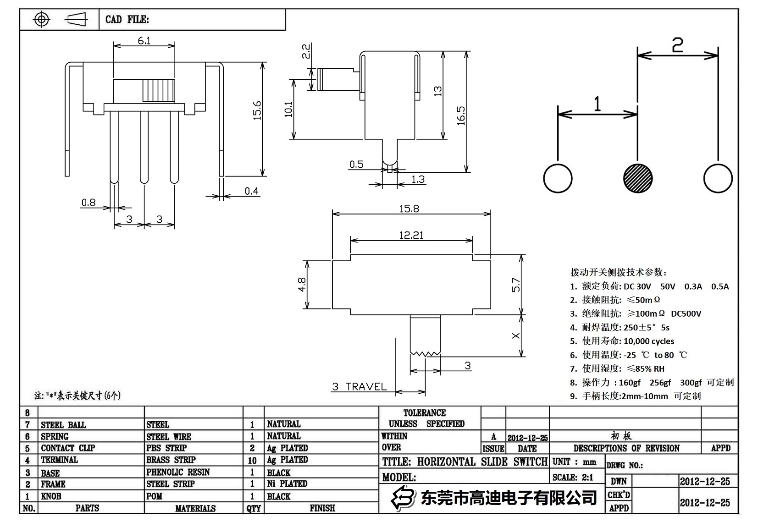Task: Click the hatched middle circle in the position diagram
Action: pyautogui.click(x=638, y=178)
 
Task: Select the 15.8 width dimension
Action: pyautogui.click(x=409, y=209)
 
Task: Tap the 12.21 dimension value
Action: pyautogui.click(x=411, y=235)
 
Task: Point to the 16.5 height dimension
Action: pyautogui.click(x=461, y=115)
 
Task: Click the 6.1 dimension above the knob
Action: pyautogui.click(x=144, y=41)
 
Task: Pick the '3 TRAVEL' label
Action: pyautogui.click(x=360, y=387)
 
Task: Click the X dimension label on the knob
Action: pyautogui.click(x=516, y=335)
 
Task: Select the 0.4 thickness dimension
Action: pyautogui.click(x=251, y=191)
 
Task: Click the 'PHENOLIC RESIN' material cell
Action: pyautogui.click(x=178, y=472)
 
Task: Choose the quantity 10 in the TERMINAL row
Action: pyautogui.click(x=252, y=460)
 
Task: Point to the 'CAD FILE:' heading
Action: pyautogui.click(x=127, y=20)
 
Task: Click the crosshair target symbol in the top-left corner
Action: pyautogui.click(x=42, y=20)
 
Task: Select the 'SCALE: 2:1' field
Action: pyautogui.click(x=573, y=478)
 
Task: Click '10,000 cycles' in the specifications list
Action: pyautogui.click(x=649, y=341)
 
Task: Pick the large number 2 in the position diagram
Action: pyautogui.click(x=677, y=45)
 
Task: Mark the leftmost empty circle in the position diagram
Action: pyautogui.click(x=558, y=178)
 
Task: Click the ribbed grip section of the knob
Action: pyautogui.click(x=159, y=90)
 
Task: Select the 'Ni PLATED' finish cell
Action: pyautogui.click(x=287, y=484)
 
